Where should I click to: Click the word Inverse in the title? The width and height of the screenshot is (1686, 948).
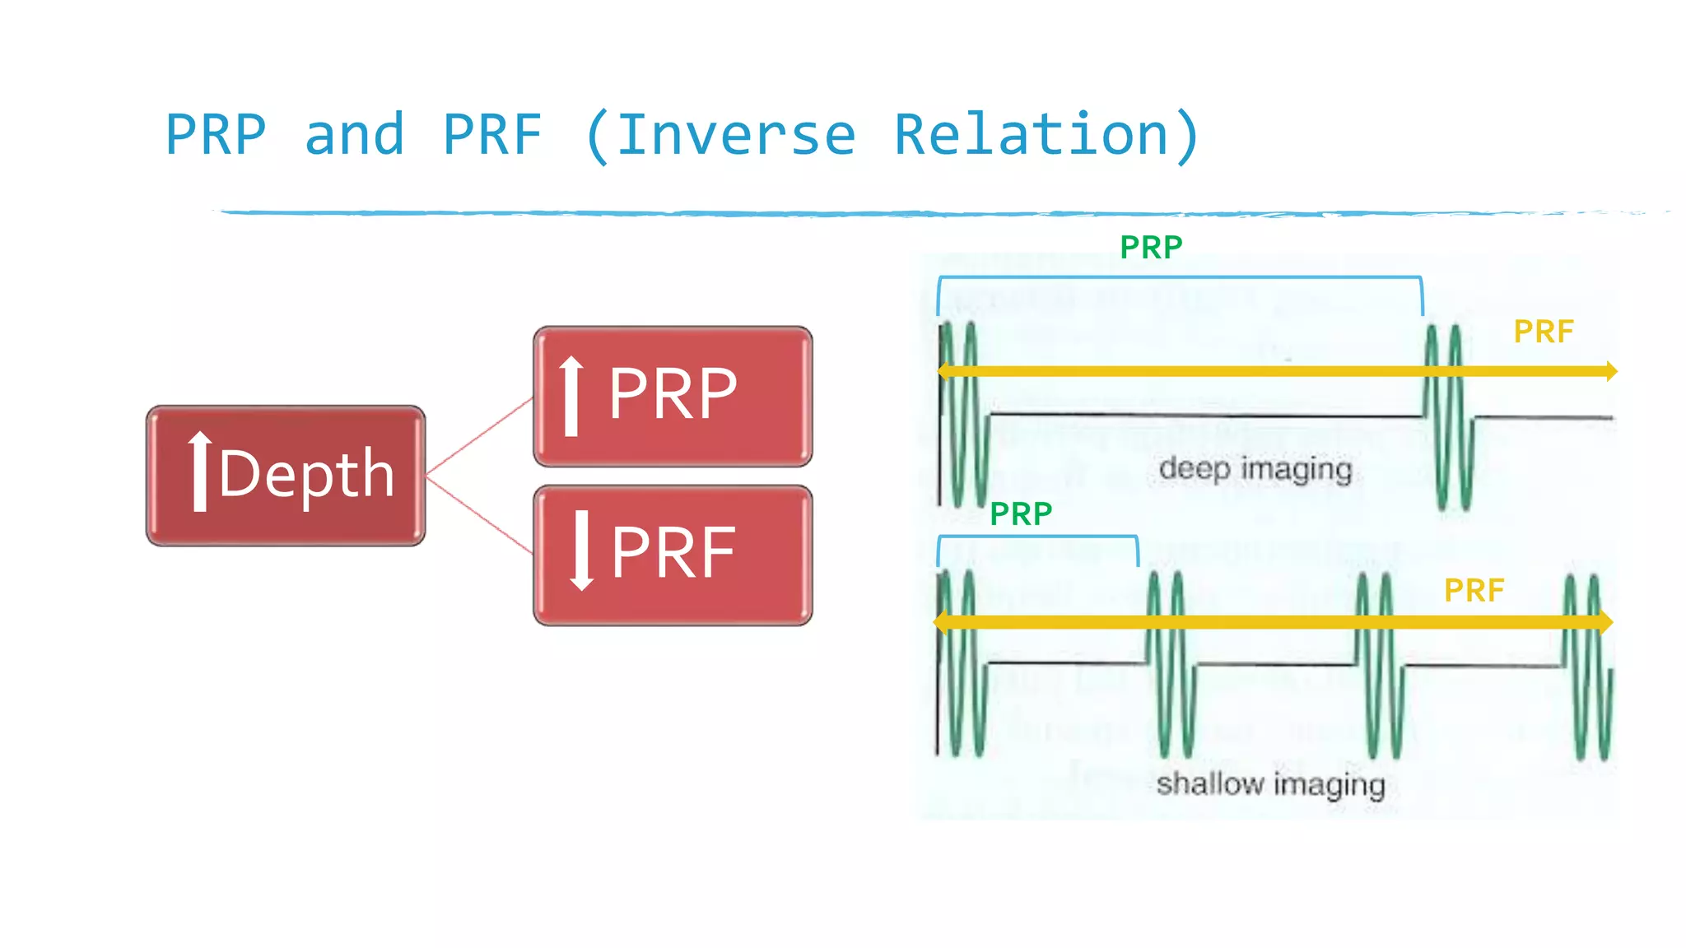click(x=737, y=135)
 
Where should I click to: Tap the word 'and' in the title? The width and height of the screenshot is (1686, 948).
click(x=354, y=135)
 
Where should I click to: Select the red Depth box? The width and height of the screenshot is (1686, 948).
click(x=286, y=476)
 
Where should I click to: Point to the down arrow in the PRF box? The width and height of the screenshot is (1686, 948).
click(x=582, y=551)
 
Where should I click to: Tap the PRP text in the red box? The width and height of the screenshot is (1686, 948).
click(x=673, y=394)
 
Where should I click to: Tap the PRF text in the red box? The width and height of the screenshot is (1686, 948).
click(x=673, y=553)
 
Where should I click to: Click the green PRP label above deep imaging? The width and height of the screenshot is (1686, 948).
click(x=1151, y=248)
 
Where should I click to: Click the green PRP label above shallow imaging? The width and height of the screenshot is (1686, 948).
click(x=1021, y=514)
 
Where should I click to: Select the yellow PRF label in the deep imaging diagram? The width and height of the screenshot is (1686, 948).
click(x=1544, y=332)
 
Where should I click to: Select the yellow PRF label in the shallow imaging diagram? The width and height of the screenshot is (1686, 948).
click(x=1474, y=591)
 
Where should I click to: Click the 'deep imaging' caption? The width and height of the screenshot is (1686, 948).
click(x=1255, y=469)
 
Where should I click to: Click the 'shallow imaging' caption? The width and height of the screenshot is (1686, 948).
click(x=1270, y=784)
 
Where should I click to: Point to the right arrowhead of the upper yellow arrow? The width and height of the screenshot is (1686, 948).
click(x=1611, y=371)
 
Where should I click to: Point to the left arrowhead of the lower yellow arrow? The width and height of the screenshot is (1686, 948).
click(x=941, y=621)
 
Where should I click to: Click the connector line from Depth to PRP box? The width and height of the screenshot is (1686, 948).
click(x=479, y=436)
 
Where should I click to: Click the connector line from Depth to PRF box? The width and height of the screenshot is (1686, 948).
click(x=479, y=513)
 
